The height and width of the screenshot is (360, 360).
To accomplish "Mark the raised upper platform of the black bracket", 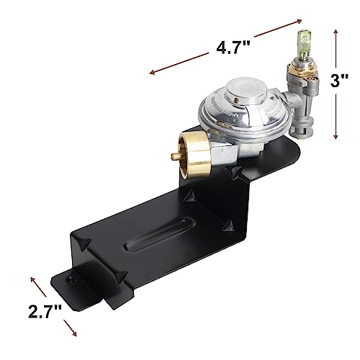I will (x=252, y=166).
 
